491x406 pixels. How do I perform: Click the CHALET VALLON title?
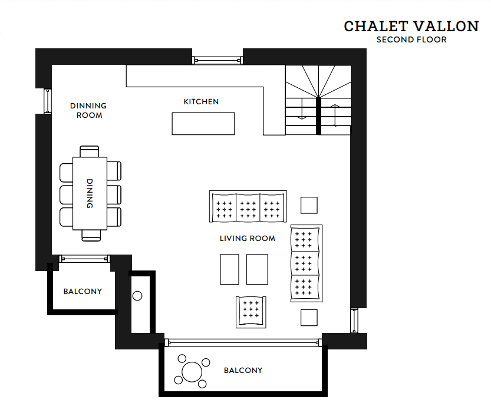point(411,27)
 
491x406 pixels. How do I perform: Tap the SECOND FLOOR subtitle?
point(411,39)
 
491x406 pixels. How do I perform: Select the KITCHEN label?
point(201,102)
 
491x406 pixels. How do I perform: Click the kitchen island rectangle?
point(203,124)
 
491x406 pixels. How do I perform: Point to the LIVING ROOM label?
point(248,239)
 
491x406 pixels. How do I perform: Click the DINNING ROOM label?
point(88,111)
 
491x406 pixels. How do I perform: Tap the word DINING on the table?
point(90,193)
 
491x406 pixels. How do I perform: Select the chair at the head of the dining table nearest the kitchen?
point(90,151)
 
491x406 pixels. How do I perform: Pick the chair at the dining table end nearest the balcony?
point(91,235)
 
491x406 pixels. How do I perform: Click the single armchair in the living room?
point(251,312)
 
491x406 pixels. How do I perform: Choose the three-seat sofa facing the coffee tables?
point(248,206)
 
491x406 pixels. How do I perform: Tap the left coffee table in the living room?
point(229,269)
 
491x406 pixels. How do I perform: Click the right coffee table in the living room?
point(257,269)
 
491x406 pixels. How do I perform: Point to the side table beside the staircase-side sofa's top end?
point(309,205)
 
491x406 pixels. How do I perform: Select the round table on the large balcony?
point(192,372)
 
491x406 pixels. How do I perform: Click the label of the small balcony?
point(83,292)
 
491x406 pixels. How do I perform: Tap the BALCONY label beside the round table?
point(243,371)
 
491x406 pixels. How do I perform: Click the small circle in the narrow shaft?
point(137,296)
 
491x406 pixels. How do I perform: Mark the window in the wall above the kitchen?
point(218,60)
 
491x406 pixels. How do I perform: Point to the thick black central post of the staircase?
point(319,116)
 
